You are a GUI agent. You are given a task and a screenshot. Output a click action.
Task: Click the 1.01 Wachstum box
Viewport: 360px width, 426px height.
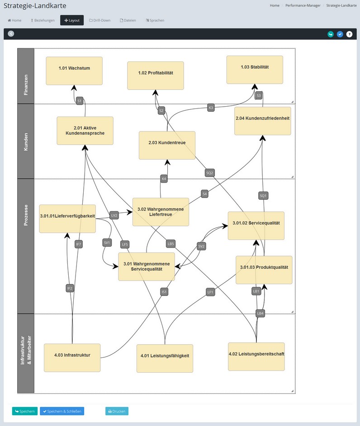pyautogui.click(x=74, y=70)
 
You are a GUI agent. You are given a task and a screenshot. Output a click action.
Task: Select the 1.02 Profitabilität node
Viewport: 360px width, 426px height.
pyautogui.click(x=156, y=75)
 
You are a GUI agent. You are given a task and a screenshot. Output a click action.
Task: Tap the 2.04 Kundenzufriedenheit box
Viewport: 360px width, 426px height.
pyautogui.click(x=262, y=121)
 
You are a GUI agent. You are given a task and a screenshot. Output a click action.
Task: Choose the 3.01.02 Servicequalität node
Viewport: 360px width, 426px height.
pyautogui.click(x=256, y=225)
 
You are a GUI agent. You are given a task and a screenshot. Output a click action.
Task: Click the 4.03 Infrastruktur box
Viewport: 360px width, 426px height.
pyautogui.click(x=72, y=357)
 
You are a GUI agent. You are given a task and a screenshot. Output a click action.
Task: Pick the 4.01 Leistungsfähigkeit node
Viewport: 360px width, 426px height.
pyautogui.click(x=165, y=358)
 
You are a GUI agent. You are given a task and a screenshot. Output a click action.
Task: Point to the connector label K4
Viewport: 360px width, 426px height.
pyautogui.click(x=164, y=179)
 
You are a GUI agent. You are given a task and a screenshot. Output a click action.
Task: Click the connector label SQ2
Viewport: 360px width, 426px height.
pyautogui.click(x=209, y=173)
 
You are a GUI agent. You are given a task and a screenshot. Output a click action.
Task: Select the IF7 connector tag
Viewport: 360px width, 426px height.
pyautogui.click(x=79, y=244)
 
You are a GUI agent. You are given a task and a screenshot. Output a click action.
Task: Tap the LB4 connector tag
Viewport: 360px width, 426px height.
pyautogui.click(x=260, y=313)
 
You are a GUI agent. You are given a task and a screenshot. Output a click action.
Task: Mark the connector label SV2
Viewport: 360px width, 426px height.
pyautogui.click(x=202, y=246)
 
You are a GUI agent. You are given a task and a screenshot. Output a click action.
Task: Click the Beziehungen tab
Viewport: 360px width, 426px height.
pyautogui.click(x=43, y=20)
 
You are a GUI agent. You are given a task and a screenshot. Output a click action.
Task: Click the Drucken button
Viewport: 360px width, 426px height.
pyautogui.click(x=117, y=411)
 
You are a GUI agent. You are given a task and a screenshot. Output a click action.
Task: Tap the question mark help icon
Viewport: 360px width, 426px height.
pyautogui.click(x=349, y=34)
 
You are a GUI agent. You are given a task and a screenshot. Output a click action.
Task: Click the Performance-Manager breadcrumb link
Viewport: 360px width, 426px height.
pyautogui.click(x=303, y=5)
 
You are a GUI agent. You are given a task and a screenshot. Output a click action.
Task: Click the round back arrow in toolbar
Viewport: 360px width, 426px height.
pyautogui.click(x=11, y=33)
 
